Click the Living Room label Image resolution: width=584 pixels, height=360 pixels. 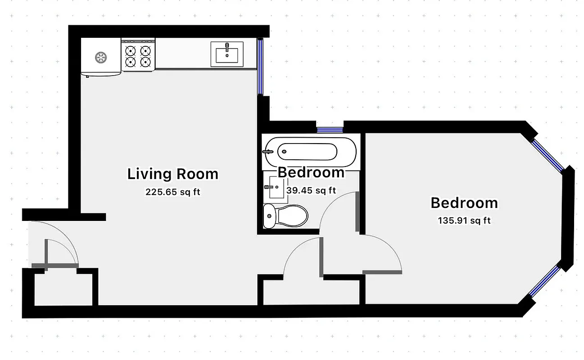point(172,174)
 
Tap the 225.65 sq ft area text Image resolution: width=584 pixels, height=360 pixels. point(172,192)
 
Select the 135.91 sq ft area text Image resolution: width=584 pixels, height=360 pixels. point(464,221)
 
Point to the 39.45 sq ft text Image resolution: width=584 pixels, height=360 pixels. point(311,190)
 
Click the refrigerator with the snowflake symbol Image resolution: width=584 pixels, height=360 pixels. point(100,57)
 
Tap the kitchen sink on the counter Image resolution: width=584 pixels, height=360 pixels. point(227,54)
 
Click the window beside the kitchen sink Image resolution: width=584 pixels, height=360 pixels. point(260,67)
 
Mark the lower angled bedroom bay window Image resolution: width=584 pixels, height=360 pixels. point(544,282)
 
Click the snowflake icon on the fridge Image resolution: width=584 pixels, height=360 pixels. point(100,57)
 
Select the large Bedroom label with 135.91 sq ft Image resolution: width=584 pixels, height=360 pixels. point(464,203)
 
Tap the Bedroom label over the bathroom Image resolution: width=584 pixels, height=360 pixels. point(311,172)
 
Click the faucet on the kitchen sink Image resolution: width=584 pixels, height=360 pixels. point(227,47)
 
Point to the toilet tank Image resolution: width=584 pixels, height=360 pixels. point(269,216)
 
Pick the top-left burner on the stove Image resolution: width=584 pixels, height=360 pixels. point(131,50)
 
